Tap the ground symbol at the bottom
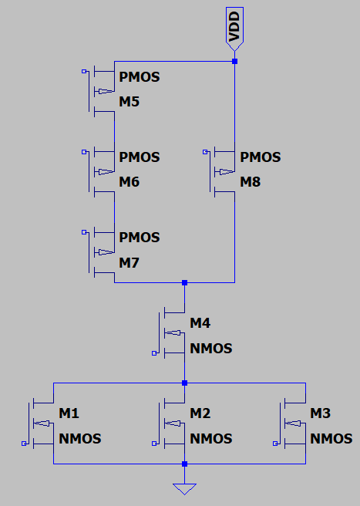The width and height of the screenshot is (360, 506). point(184,488)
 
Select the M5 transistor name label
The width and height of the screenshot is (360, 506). point(129,103)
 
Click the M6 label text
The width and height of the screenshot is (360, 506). point(129,183)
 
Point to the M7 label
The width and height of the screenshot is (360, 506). point(129,263)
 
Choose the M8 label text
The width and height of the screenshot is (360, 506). point(251,183)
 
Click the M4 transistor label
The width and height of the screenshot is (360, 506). point(200,322)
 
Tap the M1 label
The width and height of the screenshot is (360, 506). point(69,414)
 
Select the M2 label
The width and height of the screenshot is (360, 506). point(200,414)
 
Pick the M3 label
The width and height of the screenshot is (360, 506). point(321,414)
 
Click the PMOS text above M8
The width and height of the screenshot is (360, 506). point(261,157)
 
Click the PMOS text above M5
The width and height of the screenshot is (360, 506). point(140,77)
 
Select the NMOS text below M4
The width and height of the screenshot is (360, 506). point(211,349)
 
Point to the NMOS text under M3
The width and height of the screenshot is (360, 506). point(331,439)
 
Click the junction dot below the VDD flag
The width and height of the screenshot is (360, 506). point(234,61)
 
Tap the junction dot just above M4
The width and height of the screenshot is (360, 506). point(184,283)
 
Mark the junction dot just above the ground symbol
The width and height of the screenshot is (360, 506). point(184,464)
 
